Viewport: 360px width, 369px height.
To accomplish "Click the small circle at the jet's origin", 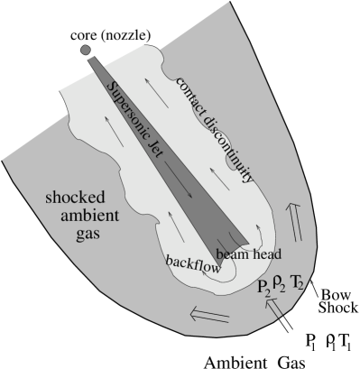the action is point(86,51).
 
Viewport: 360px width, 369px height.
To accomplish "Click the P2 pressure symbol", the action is point(263,288).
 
